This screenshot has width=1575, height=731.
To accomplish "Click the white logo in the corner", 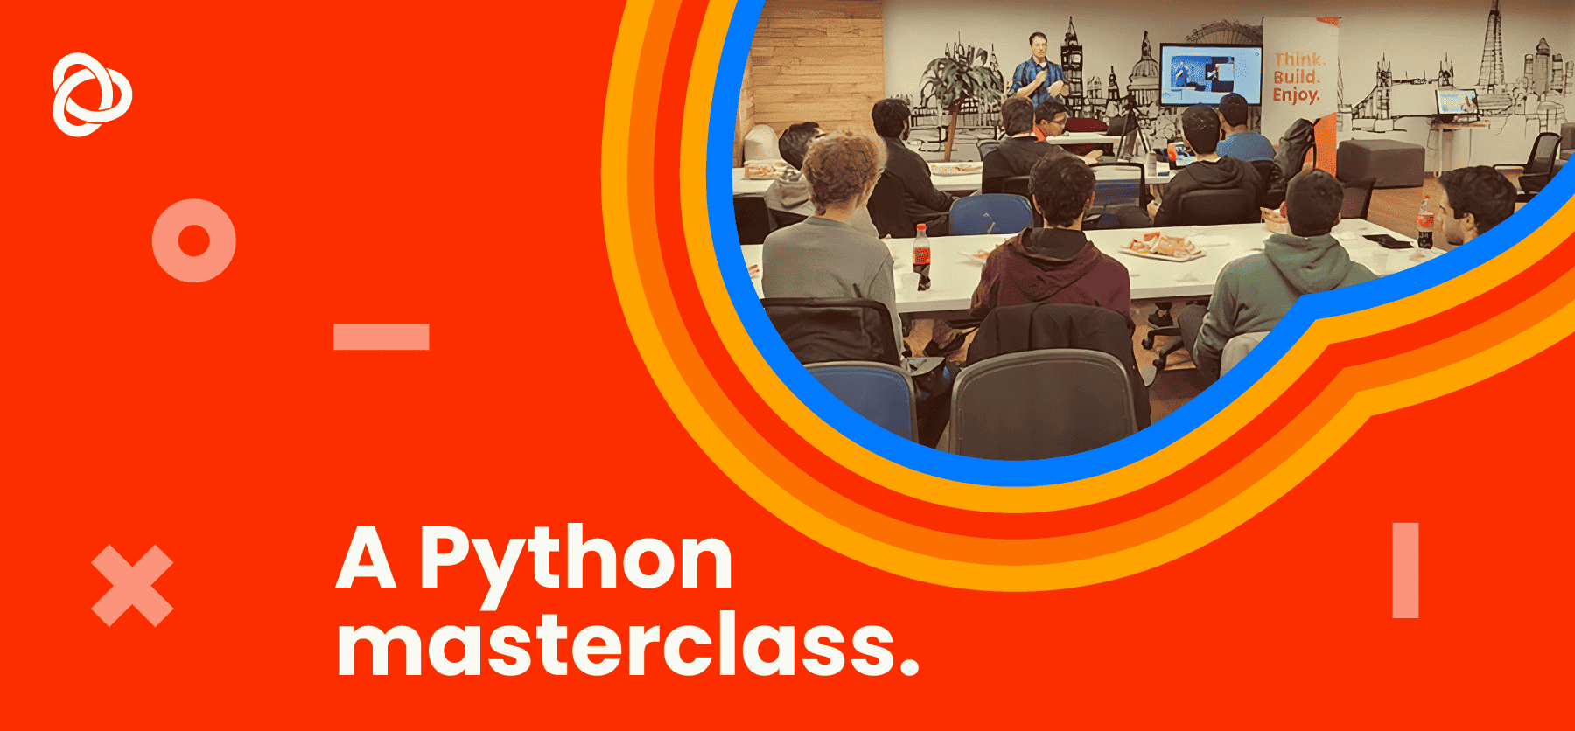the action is click(x=92, y=94).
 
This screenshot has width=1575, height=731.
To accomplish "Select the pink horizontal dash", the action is click(x=381, y=337).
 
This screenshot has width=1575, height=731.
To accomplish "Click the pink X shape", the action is click(x=132, y=586).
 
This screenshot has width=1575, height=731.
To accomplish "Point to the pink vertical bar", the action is click(x=1405, y=570).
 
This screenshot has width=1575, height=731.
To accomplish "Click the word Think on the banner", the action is click(x=1298, y=59).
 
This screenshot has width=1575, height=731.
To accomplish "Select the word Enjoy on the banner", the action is click(x=1296, y=95).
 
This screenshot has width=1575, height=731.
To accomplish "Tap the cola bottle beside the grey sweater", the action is click(x=921, y=256).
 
